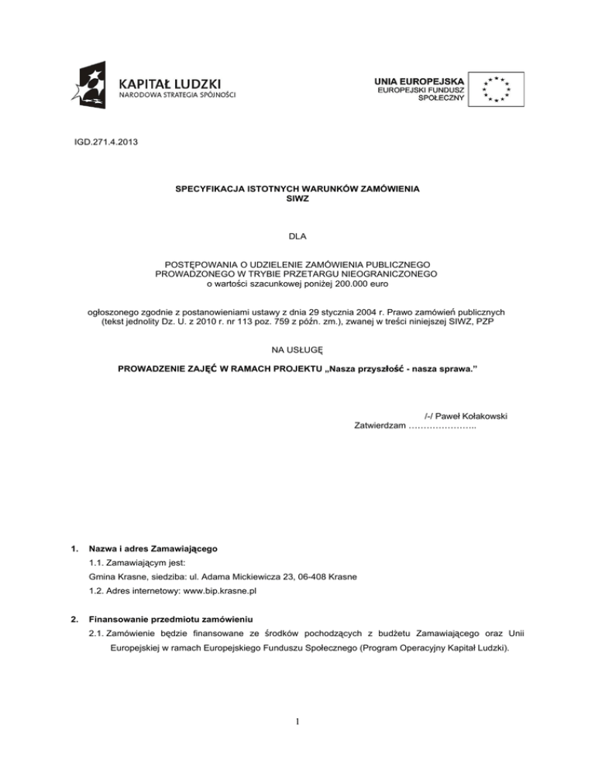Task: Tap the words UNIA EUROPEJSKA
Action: click(419, 80)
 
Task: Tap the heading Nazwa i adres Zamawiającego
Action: click(153, 548)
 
